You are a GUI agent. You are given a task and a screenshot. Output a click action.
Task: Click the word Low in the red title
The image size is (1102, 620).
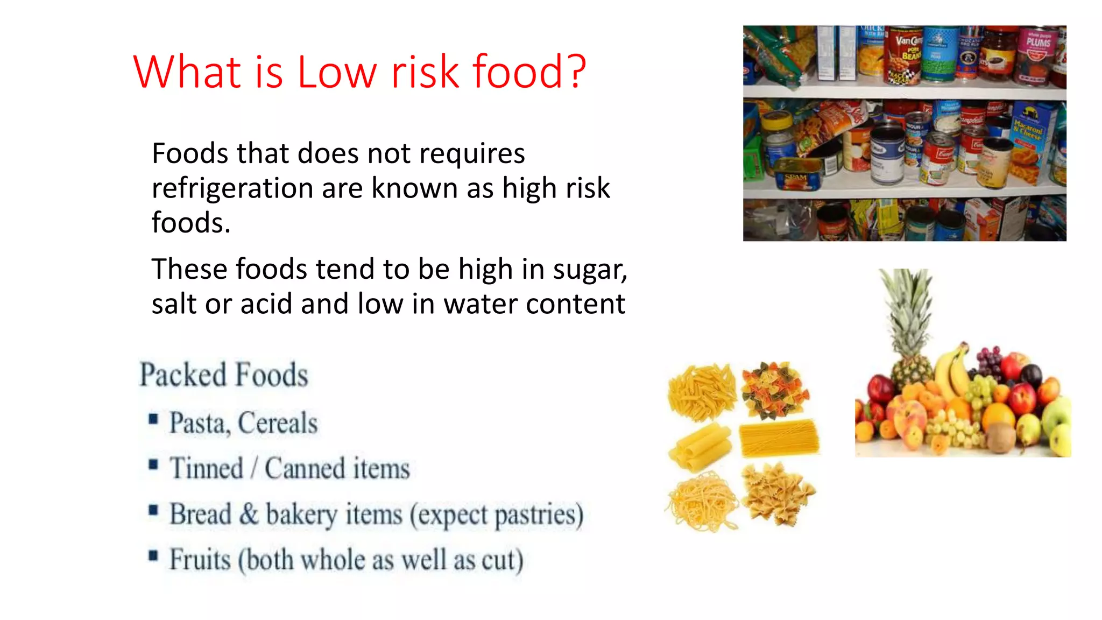click(x=337, y=72)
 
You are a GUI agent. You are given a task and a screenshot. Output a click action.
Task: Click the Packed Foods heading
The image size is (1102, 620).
click(x=224, y=375)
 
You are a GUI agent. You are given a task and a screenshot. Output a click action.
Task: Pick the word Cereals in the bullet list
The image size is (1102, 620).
click(x=278, y=423)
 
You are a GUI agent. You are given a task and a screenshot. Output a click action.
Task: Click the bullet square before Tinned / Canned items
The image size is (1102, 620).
click(x=154, y=464)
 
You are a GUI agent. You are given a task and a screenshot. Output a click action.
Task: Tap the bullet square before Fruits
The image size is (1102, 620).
click(x=154, y=555)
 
